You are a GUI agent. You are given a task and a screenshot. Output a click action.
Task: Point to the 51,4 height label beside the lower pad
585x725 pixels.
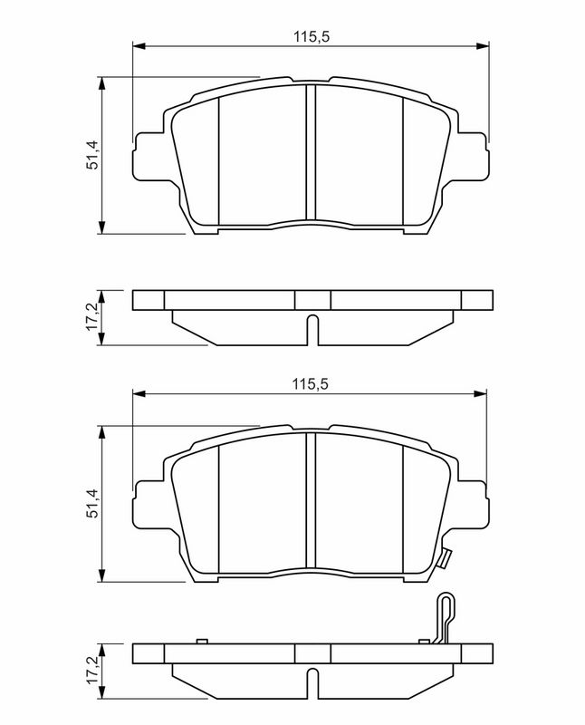pyautogui.click(x=91, y=503)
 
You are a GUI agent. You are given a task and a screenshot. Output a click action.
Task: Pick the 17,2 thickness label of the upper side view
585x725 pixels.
pyautogui.click(x=91, y=317)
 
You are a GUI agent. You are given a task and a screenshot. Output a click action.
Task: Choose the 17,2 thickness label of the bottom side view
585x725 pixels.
pyautogui.click(x=91, y=670)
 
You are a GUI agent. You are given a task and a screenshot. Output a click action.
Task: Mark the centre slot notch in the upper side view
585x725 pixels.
pyautogui.click(x=311, y=329)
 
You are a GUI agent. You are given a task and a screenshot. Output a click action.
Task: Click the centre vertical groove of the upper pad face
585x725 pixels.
pyautogui.click(x=311, y=154)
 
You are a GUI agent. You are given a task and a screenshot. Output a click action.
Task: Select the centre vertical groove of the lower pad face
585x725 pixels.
pyautogui.click(x=311, y=503)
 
